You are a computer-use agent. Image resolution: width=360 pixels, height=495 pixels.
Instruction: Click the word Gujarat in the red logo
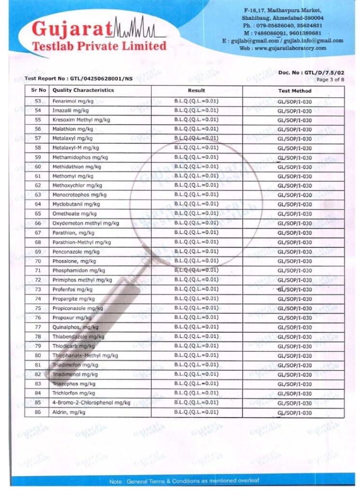(72, 29)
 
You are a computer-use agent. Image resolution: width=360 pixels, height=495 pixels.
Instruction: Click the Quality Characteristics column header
(83, 90)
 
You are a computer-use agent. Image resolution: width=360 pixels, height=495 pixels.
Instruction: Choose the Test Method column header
(294, 91)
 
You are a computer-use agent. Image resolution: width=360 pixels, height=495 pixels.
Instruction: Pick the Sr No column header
(38, 90)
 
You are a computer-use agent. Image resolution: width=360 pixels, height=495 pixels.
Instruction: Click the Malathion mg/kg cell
(72, 129)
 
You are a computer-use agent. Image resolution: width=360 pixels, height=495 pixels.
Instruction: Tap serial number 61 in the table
(38, 176)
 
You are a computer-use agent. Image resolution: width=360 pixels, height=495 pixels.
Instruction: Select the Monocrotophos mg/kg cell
(79, 195)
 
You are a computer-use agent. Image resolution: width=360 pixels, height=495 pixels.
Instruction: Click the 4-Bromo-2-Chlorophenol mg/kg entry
(91, 403)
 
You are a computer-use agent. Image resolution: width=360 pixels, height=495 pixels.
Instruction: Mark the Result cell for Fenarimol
(196, 101)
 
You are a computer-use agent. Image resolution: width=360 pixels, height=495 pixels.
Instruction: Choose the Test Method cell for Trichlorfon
(294, 393)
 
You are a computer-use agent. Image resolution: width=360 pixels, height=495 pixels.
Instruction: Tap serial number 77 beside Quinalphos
(38, 327)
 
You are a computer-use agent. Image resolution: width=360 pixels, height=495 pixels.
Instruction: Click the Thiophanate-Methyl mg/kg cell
(85, 355)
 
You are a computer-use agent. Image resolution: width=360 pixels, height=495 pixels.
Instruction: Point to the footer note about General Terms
(184, 481)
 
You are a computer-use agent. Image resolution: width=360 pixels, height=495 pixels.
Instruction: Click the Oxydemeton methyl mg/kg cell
(86, 223)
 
